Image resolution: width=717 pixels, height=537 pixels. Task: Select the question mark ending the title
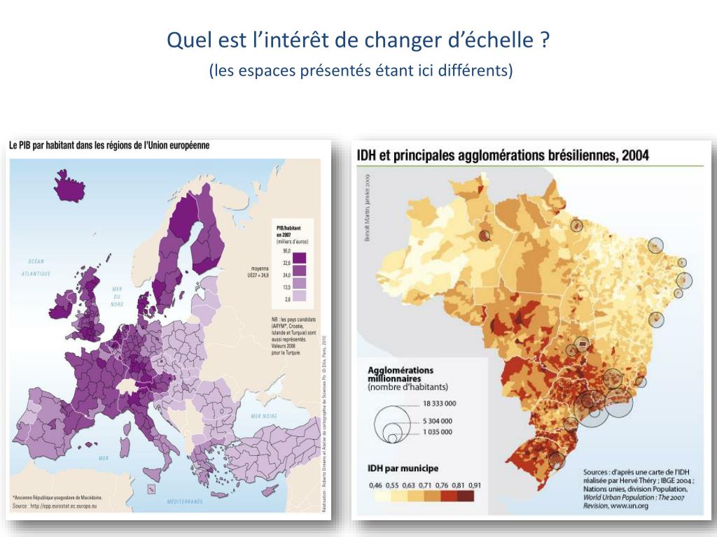point(544,41)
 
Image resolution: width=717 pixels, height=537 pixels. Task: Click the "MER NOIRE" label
point(264,416)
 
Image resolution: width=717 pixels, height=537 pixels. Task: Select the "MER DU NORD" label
point(118,296)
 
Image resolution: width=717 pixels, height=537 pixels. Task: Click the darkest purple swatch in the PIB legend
point(300,257)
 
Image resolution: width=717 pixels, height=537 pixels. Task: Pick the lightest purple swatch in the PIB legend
point(300,294)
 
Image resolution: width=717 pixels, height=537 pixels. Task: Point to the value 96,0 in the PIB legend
point(286,250)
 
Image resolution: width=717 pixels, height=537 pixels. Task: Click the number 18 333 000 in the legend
point(439,403)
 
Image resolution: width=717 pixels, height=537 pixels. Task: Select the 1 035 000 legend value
point(437,432)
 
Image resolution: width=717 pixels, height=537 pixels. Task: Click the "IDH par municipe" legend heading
point(404,468)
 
